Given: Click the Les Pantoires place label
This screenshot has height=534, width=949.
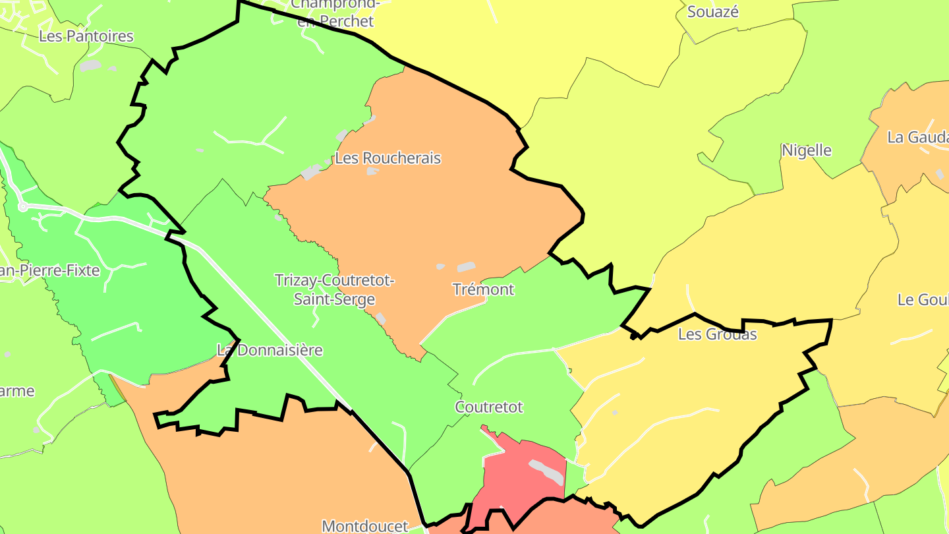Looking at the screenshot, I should click(x=86, y=36).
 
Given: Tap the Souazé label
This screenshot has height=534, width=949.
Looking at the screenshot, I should click(x=713, y=12).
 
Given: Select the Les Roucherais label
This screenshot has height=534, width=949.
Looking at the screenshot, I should click(x=388, y=158).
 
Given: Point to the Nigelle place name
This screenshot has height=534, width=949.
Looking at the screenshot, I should click(x=806, y=150).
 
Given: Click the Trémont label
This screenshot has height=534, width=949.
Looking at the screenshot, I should click(x=483, y=289).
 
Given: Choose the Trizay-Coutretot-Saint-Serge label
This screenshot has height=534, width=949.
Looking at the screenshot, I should click(x=335, y=290).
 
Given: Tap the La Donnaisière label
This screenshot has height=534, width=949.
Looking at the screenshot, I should click(x=270, y=350).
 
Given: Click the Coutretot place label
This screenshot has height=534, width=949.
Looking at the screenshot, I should click(x=489, y=407).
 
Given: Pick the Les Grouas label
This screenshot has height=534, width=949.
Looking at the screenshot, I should click(x=717, y=334).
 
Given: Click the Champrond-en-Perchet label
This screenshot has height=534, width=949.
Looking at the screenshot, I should click(x=335, y=13).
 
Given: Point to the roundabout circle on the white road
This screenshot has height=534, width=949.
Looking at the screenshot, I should click(x=23, y=207).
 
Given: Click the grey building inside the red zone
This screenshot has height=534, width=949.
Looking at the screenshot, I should click(x=547, y=471).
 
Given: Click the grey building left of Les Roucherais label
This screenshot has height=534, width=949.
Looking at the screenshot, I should click(x=310, y=173).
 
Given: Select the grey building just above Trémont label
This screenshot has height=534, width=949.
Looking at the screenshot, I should click(x=466, y=267).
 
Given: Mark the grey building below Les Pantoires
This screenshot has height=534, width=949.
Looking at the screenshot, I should click(x=91, y=65).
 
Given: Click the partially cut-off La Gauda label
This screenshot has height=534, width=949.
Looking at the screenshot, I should click(x=917, y=137).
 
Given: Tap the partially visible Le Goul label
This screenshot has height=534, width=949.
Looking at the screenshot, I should click(x=923, y=300).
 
